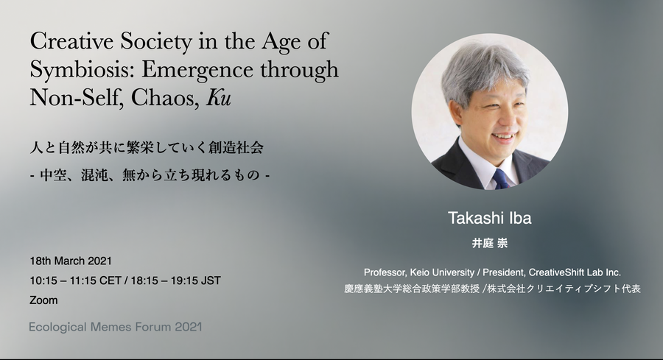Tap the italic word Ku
click(219, 98)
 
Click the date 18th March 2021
click(71, 261)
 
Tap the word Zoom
click(43, 300)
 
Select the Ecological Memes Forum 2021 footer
click(116, 327)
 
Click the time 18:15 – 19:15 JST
click(175, 280)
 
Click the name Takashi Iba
click(490, 218)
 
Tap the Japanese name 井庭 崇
click(490, 244)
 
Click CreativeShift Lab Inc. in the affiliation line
click(575, 272)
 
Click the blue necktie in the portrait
click(500, 179)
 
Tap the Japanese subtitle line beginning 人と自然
click(147, 147)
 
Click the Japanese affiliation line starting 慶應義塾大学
click(492, 289)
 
